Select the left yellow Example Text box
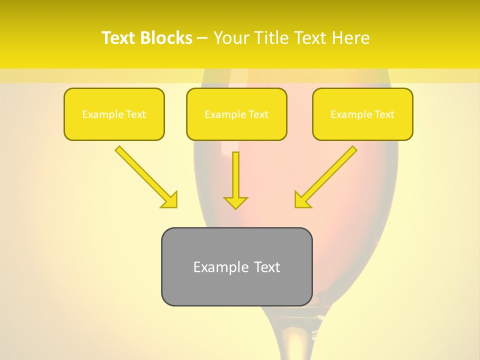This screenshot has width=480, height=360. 114,114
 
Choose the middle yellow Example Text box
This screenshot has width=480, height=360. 236,114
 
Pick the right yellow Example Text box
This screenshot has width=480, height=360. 362,114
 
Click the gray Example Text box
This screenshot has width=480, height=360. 236,266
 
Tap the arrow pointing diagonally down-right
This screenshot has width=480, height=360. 145,176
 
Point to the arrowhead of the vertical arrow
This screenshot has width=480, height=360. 235,202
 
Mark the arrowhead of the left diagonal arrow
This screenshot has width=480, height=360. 170,200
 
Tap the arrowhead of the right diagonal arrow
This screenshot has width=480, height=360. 302,200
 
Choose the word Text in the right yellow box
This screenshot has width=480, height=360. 384,114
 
